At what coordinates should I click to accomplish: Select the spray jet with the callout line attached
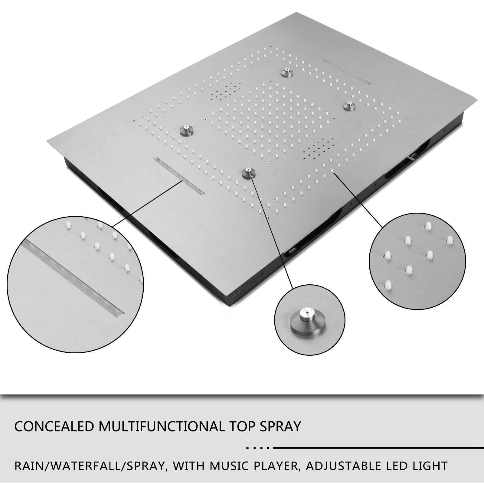(x=248, y=173)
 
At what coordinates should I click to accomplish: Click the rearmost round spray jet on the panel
(x=285, y=72)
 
